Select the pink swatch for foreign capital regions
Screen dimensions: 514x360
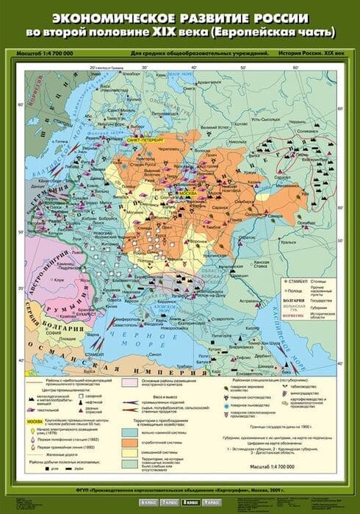click(x=131, y=382)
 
